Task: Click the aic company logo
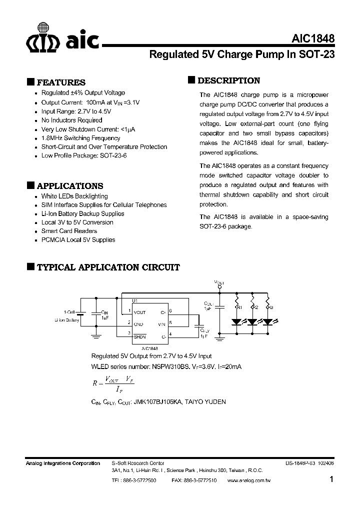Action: pos(62,37)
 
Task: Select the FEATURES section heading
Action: pos(61,82)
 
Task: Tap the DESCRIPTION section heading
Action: pos(228,80)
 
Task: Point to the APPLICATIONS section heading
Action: pos(70,185)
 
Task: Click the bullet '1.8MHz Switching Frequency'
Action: pos(80,138)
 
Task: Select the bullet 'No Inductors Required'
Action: pos(71,120)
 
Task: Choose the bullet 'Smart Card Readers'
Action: pos(69,231)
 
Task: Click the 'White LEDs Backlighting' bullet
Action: pos(74,196)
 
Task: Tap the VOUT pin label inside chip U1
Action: pos(140,312)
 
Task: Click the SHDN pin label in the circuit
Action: pos(139,336)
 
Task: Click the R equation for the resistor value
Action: pos(112,383)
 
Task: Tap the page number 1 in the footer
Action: pos(331,479)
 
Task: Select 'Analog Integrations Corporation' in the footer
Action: pos(62,463)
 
